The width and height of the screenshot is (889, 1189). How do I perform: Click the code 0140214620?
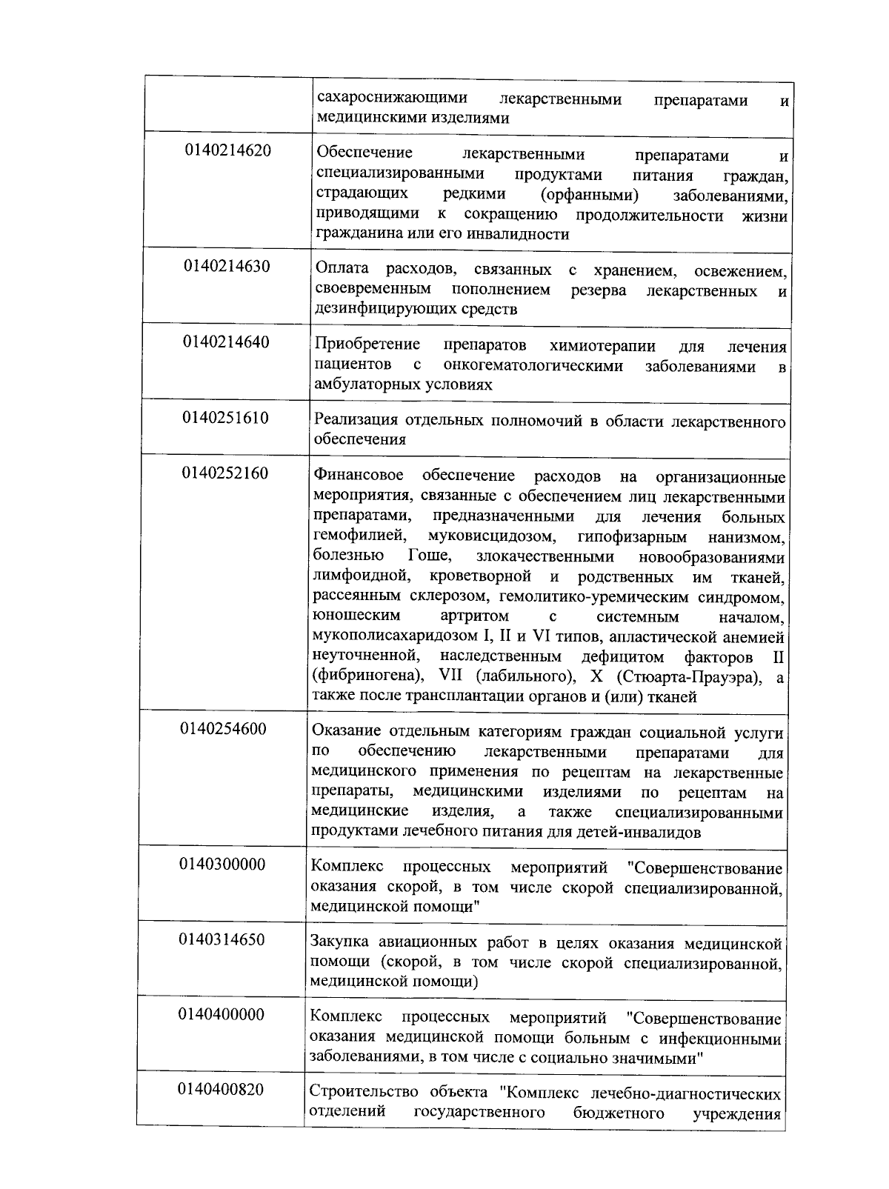click(x=227, y=151)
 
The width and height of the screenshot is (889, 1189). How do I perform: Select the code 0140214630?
click(x=227, y=266)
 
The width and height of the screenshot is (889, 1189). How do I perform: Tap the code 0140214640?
click(x=227, y=342)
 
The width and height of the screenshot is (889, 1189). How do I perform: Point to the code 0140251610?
click(x=225, y=417)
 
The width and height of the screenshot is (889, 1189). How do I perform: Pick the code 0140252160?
click(x=225, y=473)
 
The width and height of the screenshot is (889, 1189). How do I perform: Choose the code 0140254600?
click(x=223, y=728)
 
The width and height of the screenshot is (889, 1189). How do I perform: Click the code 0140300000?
click(x=222, y=864)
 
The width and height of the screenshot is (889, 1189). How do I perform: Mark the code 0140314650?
click(x=222, y=939)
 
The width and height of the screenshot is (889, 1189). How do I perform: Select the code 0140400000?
click(x=221, y=1014)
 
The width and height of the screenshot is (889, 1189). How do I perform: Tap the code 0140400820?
click(x=221, y=1090)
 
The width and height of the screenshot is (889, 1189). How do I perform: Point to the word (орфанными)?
click(x=590, y=195)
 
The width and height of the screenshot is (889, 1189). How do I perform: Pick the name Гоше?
click(x=425, y=556)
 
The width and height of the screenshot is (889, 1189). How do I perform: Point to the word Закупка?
click(x=339, y=943)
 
